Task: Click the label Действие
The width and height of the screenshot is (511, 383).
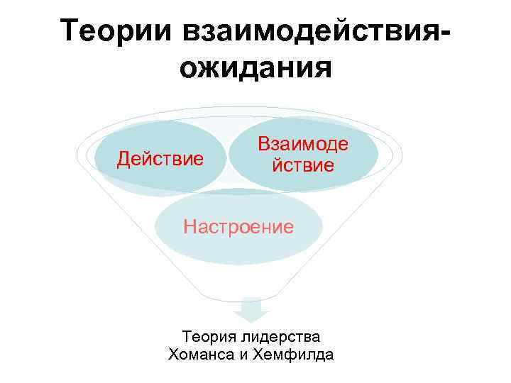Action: tap(160, 157)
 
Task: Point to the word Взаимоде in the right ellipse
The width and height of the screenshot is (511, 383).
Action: tap(303, 145)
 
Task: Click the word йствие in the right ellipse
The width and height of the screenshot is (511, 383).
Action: tap(303, 167)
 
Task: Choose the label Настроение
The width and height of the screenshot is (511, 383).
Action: tap(238, 227)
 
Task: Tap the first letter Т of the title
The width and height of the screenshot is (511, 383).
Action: tap(71, 30)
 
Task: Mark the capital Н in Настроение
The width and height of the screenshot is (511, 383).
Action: tap(189, 227)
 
